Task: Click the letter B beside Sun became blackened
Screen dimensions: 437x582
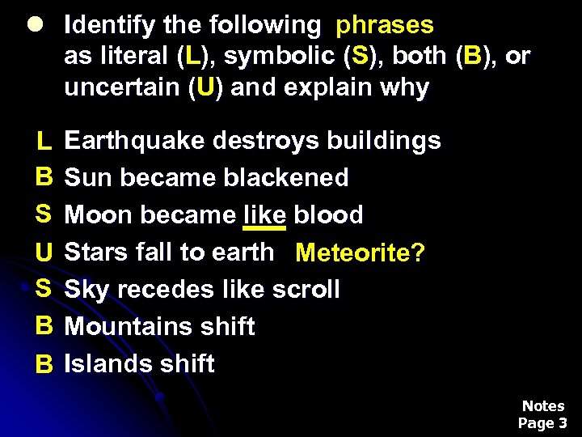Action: click(x=44, y=177)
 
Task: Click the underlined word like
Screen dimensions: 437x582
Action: click(x=264, y=214)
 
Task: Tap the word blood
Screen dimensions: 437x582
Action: click(x=328, y=214)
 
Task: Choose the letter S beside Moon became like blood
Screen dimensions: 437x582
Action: click(x=44, y=214)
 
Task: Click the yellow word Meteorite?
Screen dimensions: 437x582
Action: click(x=360, y=253)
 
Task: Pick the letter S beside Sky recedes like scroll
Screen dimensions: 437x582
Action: click(x=44, y=289)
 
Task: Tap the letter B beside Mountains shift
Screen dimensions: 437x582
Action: click(x=44, y=326)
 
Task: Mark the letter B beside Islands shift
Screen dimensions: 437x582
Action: click(x=44, y=365)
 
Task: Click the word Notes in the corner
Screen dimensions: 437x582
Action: click(x=543, y=405)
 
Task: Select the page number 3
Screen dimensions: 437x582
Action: click(x=563, y=422)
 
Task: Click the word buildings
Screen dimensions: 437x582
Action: click(x=384, y=141)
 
